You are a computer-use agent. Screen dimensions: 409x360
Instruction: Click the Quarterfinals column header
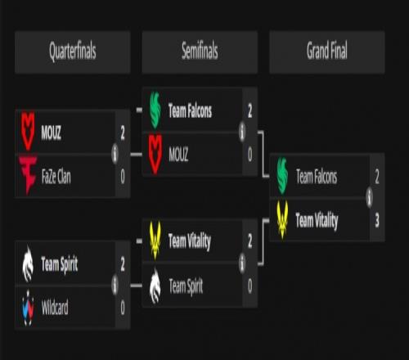[x=73, y=52]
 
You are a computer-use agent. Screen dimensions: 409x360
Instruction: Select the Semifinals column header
[x=200, y=52]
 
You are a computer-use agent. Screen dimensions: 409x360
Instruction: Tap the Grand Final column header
[x=327, y=52]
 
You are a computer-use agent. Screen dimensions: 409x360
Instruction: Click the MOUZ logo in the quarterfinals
[x=28, y=131]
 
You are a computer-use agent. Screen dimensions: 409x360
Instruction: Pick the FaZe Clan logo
[x=28, y=175]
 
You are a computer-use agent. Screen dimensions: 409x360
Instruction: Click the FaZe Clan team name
[x=56, y=177]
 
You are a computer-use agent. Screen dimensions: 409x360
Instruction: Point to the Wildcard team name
[x=55, y=308]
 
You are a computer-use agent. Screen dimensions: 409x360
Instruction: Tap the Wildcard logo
[x=28, y=308]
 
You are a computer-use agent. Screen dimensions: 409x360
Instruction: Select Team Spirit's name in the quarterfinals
[x=60, y=264]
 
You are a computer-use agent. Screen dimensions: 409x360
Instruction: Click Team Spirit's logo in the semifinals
[x=155, y=286]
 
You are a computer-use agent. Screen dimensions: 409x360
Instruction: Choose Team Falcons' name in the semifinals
[x=190, y=110]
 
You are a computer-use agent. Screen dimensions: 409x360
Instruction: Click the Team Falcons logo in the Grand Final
[x=282, y=176]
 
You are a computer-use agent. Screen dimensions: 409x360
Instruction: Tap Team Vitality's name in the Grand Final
[x=317, y=220]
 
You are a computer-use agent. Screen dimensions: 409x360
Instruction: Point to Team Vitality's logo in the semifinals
[x=155, y=241]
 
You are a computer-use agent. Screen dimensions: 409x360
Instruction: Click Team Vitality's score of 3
[x=377, y=220]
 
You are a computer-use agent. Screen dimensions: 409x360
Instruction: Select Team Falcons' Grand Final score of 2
[x=377, y=177]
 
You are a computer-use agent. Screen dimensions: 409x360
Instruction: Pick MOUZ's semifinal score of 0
[x=250, y=155]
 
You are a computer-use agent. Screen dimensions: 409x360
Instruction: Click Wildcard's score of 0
[x=123, y=308]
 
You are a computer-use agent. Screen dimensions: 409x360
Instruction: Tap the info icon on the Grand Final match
[x=370, y=197]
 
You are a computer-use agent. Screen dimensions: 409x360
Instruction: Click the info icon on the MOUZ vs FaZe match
[x=115, y=154]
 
